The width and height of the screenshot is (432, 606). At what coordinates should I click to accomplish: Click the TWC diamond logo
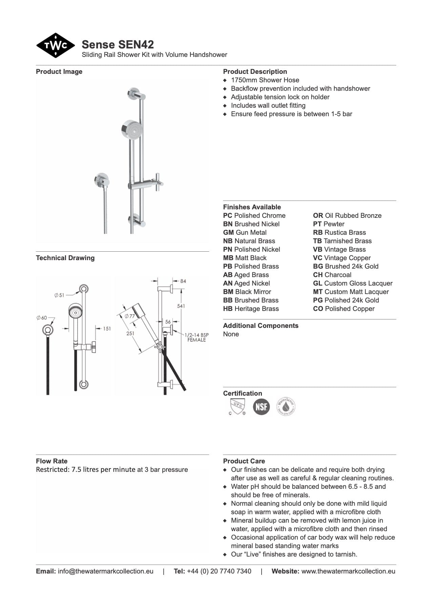tap(55, 45)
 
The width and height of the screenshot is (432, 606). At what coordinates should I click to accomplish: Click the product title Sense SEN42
tap(118, 44)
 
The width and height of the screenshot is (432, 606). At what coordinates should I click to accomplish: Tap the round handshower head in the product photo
tap(131, 129)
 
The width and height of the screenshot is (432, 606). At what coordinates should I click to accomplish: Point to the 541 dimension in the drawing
tap(181, 306)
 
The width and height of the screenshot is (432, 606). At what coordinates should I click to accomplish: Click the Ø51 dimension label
tap(59, 295)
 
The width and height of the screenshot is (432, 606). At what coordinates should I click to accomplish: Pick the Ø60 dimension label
tap(42, 317)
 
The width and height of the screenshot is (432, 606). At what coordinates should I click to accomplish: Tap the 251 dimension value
tap(130, 333)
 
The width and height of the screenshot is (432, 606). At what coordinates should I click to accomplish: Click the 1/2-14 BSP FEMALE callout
tap(197, 337)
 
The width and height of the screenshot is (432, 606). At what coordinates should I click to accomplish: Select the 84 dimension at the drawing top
tap(183, 281)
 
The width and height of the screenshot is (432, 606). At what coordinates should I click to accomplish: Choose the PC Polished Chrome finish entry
tap(254, 215)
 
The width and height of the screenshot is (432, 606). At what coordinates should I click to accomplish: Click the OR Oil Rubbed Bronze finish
tap(347, 215)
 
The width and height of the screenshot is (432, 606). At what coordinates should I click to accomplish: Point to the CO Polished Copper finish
tap(344, 309)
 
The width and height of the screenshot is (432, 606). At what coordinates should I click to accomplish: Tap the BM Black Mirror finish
tap(247, 292)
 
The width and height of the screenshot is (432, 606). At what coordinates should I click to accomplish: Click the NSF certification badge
tap(261, 406)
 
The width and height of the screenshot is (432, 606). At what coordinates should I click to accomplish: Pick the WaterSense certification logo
tap(286, 406)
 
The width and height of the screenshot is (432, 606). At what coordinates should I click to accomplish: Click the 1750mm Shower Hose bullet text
tap(265, 80)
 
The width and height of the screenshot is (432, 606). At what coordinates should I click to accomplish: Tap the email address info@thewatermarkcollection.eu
tap(105, 571)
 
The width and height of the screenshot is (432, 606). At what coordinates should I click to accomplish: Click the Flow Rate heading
tap(52, 461)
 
